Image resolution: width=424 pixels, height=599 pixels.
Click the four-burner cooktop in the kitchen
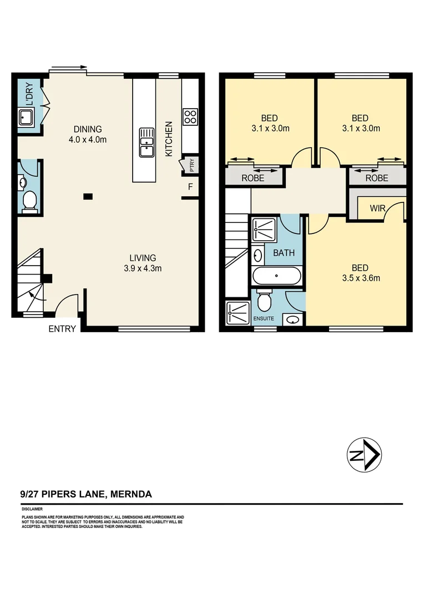pyautogui.click(x=190, y=116)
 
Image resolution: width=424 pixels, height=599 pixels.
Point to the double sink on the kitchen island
pyautogui.click(x=147, y=143)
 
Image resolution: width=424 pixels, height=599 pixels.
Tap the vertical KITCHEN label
pyautogui.click(x=169, y=139)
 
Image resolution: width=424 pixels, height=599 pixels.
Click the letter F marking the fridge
pyautogui.click(x=190, y=187)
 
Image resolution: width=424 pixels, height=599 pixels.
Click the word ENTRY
pyautogui.click(x=62, y=328)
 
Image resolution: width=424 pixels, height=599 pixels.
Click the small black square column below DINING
pyautogui.click(x=88, y=196)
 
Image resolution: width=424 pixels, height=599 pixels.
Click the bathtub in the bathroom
pyautogui.click(x=276, y=276)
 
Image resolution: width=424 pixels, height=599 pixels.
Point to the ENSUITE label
pyautogui.click(x=264, y=319)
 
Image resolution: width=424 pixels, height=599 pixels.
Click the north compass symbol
pyautogui.click(x=365, y=456)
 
